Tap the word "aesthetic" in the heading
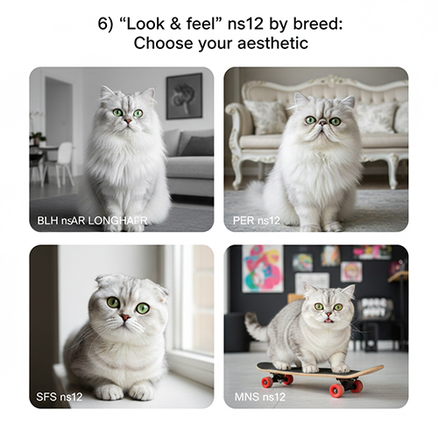[x=272, y=43]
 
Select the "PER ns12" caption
[x=257, y=221]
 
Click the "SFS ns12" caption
[x=60, y=397]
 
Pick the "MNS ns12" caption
[x=260, y=397]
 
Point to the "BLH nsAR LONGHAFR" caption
[x=92, y=221]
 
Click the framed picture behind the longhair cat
[x=184, y=96]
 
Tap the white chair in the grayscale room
[x=63, y=164]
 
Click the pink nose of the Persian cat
[x=323, y=122]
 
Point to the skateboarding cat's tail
[x=256, y=326]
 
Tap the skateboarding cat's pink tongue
[x=328, y=321]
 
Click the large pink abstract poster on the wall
[x=262, y=269]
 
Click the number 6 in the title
[x=103, y=24]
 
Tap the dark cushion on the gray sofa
[x=200, y=146]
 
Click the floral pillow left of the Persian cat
[x=265, y=117]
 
